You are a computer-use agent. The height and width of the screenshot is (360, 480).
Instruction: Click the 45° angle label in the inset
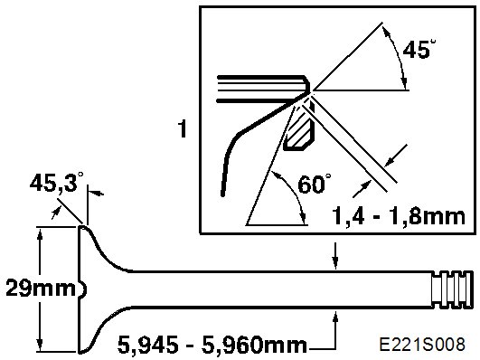tap(419, 49)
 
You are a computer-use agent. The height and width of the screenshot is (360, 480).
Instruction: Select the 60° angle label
tap(315, 184)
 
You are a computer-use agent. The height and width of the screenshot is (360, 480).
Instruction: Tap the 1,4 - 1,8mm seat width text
tap(399, 216)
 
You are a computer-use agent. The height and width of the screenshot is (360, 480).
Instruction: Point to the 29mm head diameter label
tap(40, 288)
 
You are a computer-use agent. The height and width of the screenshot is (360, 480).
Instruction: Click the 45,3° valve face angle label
tap(56, 183)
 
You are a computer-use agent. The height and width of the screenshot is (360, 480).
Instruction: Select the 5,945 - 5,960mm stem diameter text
tap(212, 344)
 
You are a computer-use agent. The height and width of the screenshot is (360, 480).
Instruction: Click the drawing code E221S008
tap(422, 344)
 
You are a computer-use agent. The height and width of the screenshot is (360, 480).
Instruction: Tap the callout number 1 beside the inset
tap(183, 128)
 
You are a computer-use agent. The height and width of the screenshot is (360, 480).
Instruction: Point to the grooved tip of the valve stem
tap(452, 289)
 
